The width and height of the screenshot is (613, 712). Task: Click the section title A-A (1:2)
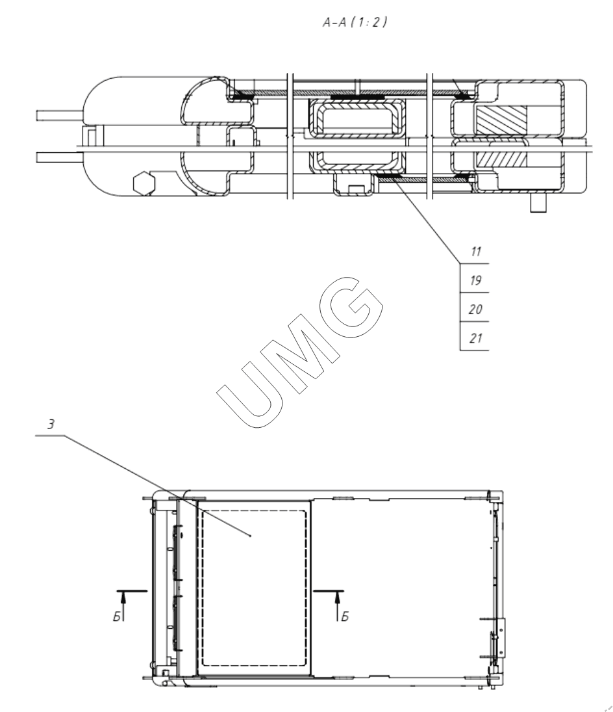(355, 22)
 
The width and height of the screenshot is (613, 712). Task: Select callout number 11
(475, 252)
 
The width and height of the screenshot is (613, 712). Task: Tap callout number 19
(475, 281)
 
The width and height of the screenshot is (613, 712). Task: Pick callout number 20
(475, 310)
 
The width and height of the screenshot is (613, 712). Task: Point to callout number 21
(475, 338)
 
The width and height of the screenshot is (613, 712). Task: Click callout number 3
(51, 424)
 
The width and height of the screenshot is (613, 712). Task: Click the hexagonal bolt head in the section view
(144, 183)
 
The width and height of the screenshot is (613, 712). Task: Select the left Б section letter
(117, 616)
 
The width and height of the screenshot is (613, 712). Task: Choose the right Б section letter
(345, 616)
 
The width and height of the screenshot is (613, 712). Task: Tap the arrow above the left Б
(123, 606)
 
